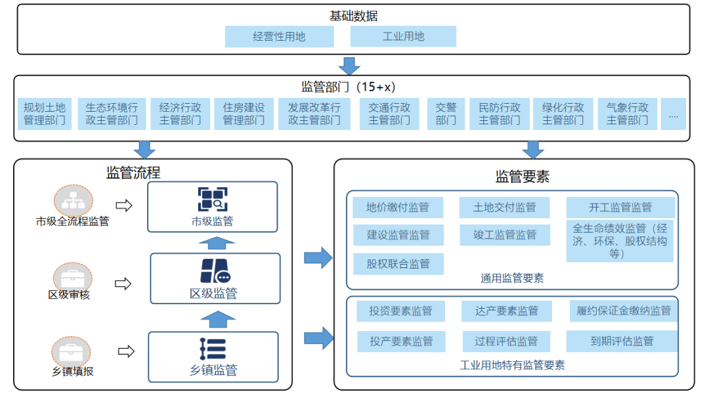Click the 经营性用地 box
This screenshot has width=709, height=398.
(279, 37)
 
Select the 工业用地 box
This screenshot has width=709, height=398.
(403, 37)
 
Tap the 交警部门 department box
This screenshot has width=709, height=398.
(446, 114)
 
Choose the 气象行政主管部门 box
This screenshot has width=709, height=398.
(627, 114)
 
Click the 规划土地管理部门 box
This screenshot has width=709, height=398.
(45, 114)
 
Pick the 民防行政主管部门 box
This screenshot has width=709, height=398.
(500, 114)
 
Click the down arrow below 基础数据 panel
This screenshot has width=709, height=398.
(349, 66)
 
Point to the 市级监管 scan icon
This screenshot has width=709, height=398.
(212, 199)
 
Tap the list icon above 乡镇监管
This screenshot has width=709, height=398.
(213, 349)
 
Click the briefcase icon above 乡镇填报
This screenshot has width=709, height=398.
(72, 352)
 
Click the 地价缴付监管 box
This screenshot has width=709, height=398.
(397, 208)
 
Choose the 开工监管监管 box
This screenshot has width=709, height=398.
(620, 208)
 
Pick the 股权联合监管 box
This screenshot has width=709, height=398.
(398, 263)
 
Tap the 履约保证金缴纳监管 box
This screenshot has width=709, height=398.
(623, 311)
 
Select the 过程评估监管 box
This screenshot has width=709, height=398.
(505, 341)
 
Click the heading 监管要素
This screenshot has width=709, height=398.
(522, 176)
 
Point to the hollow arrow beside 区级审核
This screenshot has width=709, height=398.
(123, 284)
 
